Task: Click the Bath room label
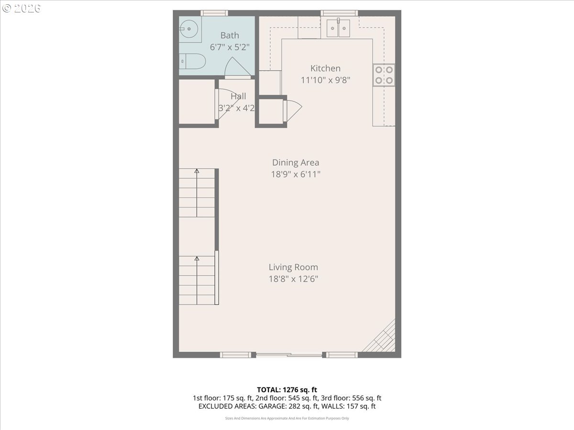[230, 35]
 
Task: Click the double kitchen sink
[339, 28]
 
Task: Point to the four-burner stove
[384, 75]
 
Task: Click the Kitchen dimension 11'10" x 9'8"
[326, 80]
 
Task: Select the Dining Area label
[296, 162]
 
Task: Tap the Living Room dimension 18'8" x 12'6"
[293, 279]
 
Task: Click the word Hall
[238, 97]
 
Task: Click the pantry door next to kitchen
[293, 110]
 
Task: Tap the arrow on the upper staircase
[197, 171]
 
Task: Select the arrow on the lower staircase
[197, 258]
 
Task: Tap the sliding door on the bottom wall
[288, 355]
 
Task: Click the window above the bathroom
[214, 13]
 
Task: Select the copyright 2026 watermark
[21, 9]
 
